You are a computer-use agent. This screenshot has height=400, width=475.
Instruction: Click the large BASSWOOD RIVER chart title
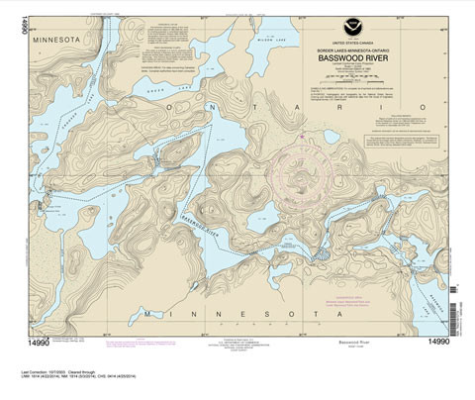(x=353, y=58)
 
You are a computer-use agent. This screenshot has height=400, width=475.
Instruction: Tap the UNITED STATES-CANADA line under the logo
(x=353, y=44)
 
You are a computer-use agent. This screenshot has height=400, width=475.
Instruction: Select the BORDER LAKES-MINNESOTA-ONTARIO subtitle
(x=353, y=50)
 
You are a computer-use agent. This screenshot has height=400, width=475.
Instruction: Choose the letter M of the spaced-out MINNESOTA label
(x=147, y=315)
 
